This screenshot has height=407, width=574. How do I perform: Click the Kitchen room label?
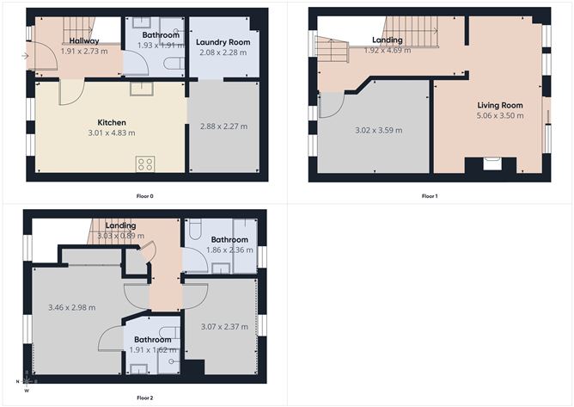coord(112,122)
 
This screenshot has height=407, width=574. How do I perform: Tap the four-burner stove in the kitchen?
coord(145,163)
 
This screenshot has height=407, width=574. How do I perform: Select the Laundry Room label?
coord(223,42)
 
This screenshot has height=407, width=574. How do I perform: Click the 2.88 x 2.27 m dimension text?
coord(223,126)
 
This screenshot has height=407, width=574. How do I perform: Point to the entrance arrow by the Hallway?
coord(25,56)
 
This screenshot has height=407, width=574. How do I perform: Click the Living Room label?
coord(500,105)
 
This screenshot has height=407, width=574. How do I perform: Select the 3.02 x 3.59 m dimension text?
coord(379,130)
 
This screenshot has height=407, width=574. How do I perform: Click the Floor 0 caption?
coord(145,196)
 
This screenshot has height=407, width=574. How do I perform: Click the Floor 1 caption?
coord(430,196)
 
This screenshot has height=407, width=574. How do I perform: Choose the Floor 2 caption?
coord(145,398)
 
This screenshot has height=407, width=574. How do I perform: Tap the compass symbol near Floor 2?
coord(27,381)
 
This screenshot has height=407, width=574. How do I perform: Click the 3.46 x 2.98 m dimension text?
coord(72,308)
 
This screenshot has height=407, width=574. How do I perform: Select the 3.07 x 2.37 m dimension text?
coord(224,326)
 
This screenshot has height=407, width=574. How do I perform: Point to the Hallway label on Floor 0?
coord(84,40)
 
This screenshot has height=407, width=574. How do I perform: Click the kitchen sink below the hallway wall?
coord(142,89)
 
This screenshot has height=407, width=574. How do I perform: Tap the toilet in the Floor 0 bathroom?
coord(174,63)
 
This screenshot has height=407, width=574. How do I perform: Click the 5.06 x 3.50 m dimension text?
coord(500,115)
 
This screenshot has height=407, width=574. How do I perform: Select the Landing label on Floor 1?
coord(388,40)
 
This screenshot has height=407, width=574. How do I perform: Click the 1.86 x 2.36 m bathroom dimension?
coord(229,250)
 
